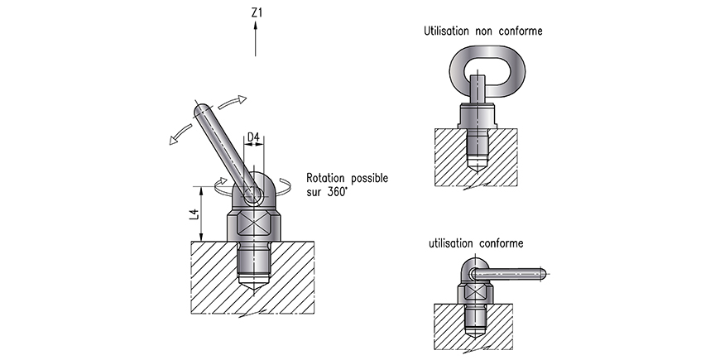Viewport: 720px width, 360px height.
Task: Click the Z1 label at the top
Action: click(257, 13)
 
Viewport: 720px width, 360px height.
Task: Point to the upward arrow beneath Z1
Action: click(255, 39)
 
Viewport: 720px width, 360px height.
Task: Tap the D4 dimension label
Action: click(253, 137)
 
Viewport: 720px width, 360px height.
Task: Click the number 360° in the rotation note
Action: click(336, 192)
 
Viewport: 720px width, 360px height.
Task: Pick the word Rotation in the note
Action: click(326, 178)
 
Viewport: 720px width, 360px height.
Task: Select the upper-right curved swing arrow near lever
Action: click(233, 103)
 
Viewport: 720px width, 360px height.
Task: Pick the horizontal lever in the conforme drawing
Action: click(508, 274)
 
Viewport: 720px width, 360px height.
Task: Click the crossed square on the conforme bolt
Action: click(476, 292)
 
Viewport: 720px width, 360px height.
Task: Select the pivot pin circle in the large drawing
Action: click(252, 196)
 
